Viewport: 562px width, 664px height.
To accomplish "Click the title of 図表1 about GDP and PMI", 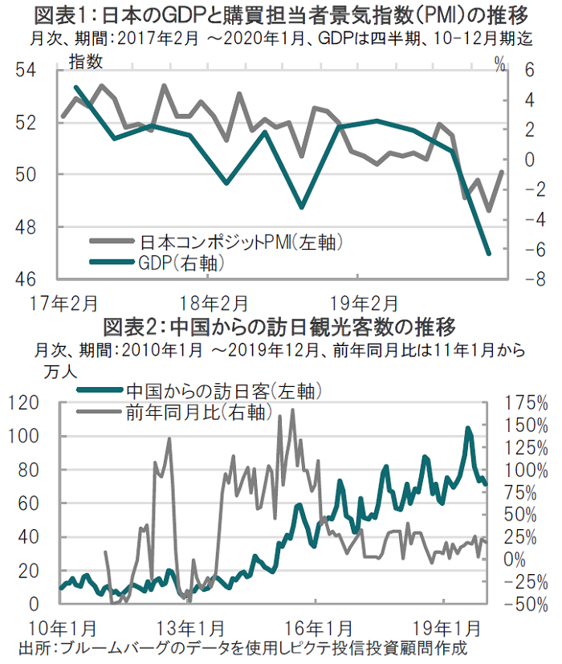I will tap(280, 14).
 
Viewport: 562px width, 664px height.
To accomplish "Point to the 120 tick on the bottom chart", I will tap(30, 402).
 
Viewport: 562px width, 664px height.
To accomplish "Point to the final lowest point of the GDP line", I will tap(489, 254).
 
